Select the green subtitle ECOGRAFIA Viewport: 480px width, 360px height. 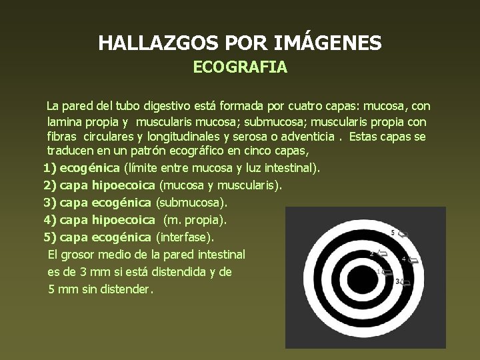240,68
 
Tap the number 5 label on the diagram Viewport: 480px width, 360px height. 393,233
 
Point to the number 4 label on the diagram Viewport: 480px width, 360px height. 404,258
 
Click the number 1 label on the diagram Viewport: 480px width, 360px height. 378,271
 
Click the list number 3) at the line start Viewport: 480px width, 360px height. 49,202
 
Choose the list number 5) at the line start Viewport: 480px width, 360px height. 49,237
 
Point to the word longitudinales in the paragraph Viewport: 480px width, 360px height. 184,137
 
